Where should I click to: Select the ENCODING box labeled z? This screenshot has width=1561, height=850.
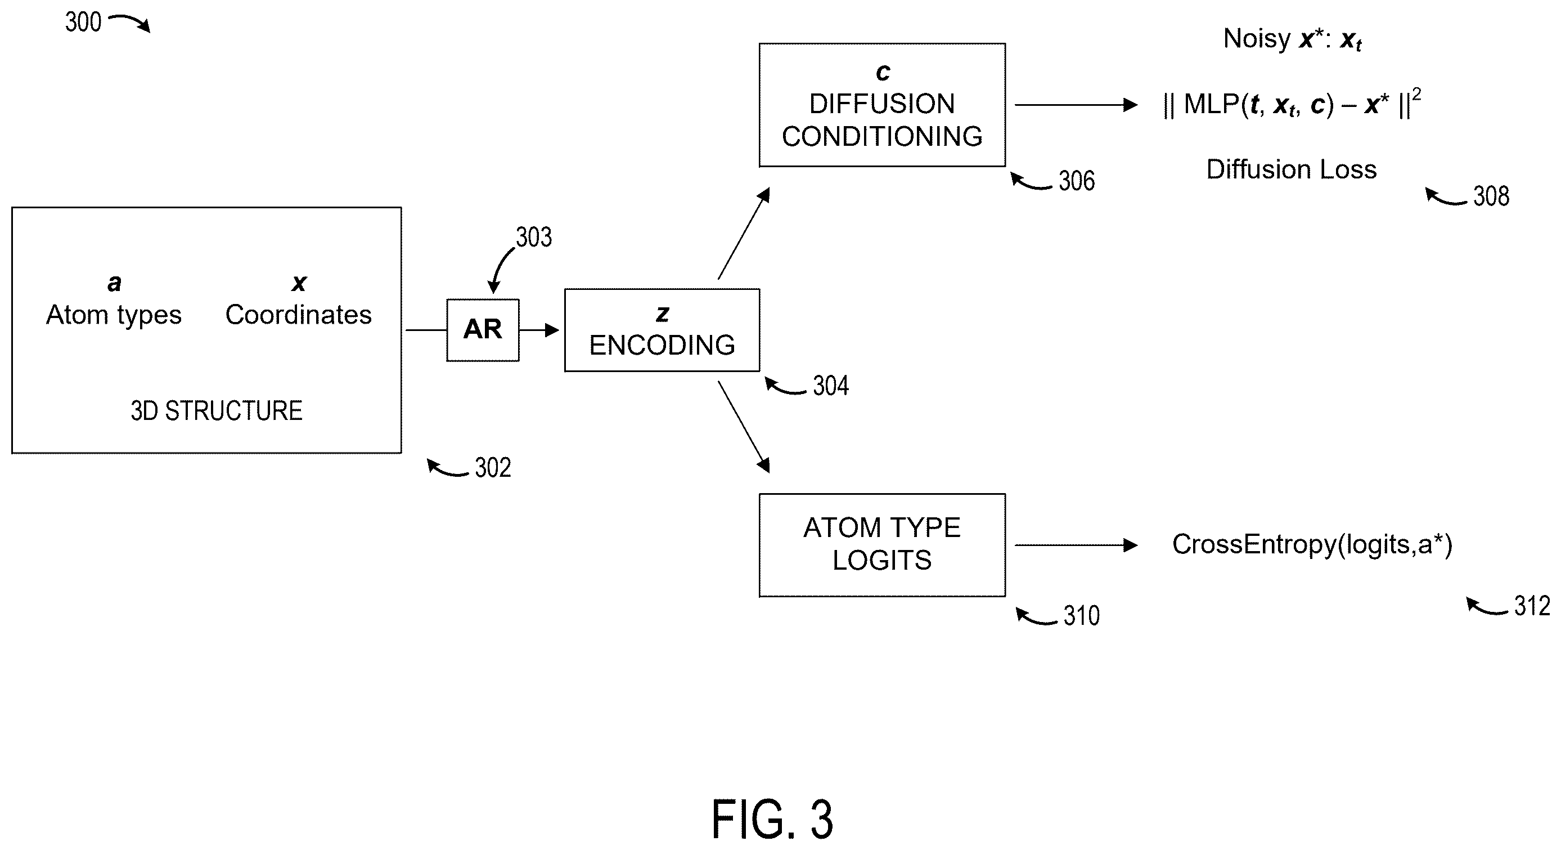[662, 330]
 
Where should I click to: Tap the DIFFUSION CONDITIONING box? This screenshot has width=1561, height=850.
[882, 105]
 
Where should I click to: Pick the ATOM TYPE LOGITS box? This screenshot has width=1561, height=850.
[882, 545]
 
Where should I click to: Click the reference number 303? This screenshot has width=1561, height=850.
[534, 237]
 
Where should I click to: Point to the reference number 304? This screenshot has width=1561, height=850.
[831, 386]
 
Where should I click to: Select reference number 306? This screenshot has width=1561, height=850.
[1077, 181]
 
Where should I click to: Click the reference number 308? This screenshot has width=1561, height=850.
[1491, 196]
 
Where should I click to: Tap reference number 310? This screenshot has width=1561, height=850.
[1082, 615]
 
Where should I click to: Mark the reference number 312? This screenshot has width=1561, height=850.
[1532, 606]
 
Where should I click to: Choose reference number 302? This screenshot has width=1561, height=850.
[493, 467]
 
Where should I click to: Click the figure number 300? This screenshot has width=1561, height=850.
[83, 23]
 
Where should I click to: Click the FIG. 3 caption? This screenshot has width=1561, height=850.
[772, 820]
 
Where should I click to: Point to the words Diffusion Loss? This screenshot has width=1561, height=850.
[1292, 169]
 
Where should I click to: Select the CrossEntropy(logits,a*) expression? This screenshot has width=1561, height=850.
[1312, 544]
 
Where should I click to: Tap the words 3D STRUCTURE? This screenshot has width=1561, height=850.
[217, 411]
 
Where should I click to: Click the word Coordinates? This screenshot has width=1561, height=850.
[299, 315]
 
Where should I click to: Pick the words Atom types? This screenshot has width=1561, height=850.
[114, 315]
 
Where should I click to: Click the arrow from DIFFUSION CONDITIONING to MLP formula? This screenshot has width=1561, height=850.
[1076, 105]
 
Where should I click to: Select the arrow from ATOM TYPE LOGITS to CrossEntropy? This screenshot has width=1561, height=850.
[1076, 545]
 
